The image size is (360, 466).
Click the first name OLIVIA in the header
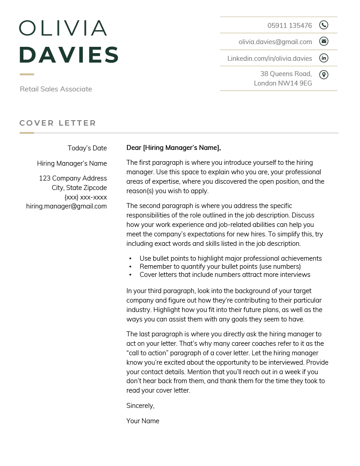[x=63, y=28]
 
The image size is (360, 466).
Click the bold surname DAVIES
[x=69, y=55]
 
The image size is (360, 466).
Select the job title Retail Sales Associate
[x=56, y=89]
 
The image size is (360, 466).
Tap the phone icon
[x=324, y=25]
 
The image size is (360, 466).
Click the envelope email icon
[x=324, y=41]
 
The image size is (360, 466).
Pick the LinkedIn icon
[x=324, y=58]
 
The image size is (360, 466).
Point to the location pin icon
[x=324, y=75]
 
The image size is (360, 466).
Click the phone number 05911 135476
[x=289, y=25]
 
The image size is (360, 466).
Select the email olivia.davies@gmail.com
[x=275, y=42]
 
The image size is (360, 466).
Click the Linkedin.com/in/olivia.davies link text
[x=270, y=59]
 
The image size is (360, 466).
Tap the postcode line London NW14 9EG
[x=283, y=83]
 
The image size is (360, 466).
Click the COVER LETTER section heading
[x=58, y=123]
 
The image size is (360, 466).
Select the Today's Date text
[x=87, y=148]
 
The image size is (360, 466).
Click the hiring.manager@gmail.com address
[x=67, y=206]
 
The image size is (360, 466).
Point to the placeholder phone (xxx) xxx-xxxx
[x=85, y=197]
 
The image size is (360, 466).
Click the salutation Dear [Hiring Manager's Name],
[x=174, y=148]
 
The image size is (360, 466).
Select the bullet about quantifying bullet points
[x=220, y=267]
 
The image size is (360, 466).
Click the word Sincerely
[x=140, y=406]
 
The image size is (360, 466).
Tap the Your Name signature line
[x=143, y=421]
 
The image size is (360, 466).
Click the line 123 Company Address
[x=73, y=178]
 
